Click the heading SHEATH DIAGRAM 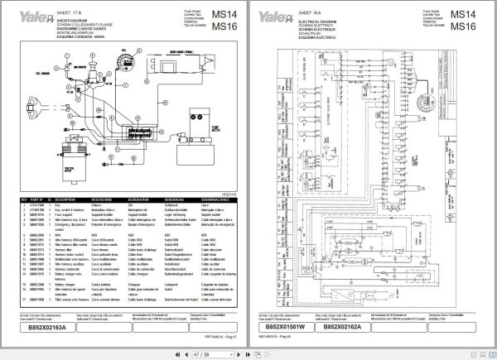tap(79, 16)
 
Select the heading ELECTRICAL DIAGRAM tap(329, 16)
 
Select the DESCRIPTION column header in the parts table tap(69, 199)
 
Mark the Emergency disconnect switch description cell tap(71, 226)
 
